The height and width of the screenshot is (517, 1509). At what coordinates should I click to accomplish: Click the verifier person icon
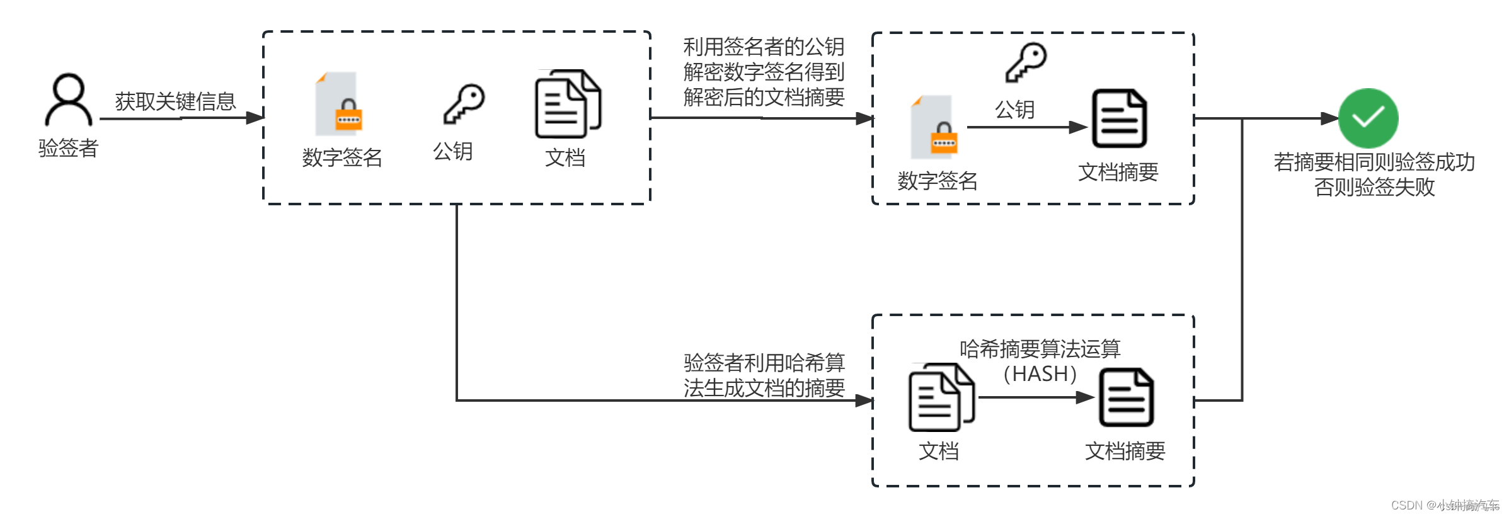click(69, 99)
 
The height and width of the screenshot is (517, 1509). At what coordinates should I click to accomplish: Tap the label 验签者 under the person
click(69, 148)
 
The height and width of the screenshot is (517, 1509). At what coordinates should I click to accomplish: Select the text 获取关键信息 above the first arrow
click(175, 101)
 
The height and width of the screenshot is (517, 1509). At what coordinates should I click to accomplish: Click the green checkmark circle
click(1368, 118)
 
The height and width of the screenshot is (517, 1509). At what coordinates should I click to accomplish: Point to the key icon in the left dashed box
click(464, 104)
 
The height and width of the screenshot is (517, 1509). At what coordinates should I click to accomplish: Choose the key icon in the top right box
click(1026, 62)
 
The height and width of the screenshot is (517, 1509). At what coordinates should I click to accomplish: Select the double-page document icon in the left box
click(568, 104)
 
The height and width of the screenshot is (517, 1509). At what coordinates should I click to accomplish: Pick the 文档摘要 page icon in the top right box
click(1119, 118)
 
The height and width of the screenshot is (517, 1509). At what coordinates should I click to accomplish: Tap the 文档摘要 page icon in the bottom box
click(1126, 397)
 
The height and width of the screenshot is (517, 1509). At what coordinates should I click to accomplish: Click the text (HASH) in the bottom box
click(1040, 374)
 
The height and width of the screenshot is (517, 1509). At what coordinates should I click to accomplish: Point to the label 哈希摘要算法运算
click(1040, 349)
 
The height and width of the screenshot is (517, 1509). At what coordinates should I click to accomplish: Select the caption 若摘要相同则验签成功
click(1374, 162)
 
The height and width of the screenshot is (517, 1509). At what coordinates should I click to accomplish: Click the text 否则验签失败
click(1374, 187)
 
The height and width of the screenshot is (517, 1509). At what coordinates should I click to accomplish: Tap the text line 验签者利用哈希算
click(764, 363)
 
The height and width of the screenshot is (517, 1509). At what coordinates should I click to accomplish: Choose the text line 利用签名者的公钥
click(764, 47)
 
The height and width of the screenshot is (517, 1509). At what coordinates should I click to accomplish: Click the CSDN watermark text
click(1444, 505)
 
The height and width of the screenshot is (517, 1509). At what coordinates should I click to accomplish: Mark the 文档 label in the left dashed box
click(565, 157)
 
